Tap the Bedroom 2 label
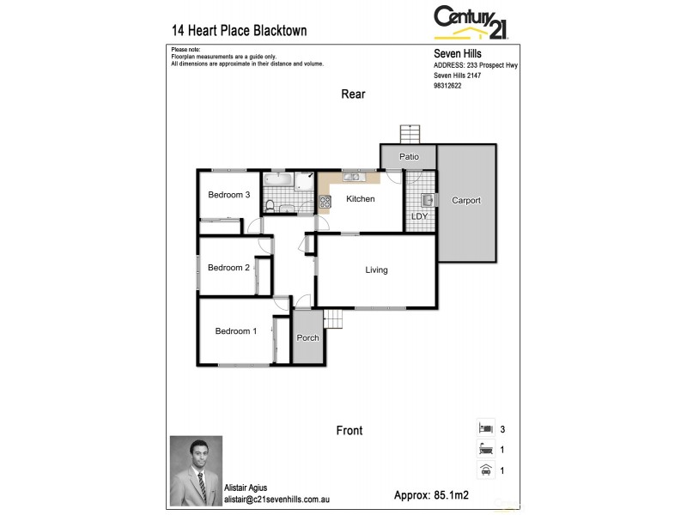tap(228, 267)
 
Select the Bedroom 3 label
tap(228, 195)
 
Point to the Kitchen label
tap(361, 199)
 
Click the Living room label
tap(376, 270)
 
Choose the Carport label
tap(466, 201)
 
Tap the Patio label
tap(409, 157)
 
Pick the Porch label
tap(307, 337)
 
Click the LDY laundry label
tap(419, 216)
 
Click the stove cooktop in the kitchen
tap(325, 203)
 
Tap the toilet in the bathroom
tap(270, 204)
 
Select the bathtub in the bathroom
tap(279, 180)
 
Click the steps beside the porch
tap(331, 319)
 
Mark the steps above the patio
tap(410, 135)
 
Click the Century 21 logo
tap(471, 22)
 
